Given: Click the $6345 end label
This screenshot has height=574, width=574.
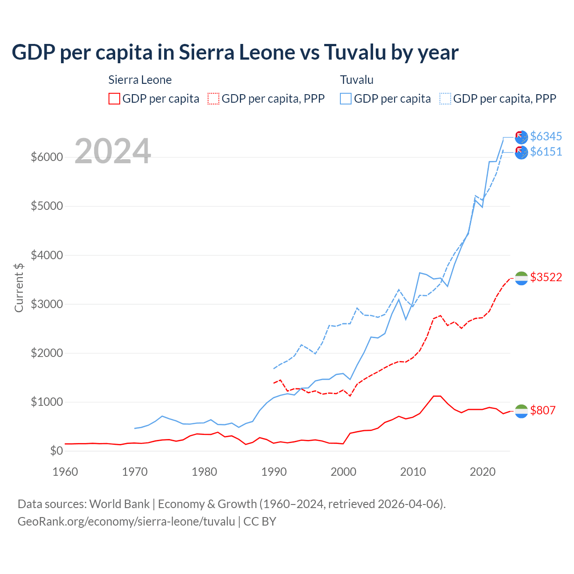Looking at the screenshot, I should point(546,136).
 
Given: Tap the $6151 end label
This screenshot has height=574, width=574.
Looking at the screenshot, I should point(546,152).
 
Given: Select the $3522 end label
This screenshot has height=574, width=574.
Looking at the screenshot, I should point(546,277).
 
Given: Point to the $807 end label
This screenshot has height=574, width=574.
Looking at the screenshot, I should point(543,410).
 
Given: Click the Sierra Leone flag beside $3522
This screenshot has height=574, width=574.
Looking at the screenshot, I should point(521,278).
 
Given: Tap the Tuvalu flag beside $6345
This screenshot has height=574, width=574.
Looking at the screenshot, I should point(521,137).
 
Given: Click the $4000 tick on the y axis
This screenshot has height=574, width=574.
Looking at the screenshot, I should point(47,255).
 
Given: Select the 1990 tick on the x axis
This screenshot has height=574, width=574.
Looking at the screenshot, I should point(274,472).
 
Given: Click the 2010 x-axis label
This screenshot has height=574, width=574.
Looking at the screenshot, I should point(413,472).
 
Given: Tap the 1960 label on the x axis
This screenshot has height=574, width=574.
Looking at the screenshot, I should point(65,472).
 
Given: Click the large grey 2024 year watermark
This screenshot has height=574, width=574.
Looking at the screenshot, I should point(113,151).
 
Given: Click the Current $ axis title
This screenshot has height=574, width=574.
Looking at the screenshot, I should point(19,287).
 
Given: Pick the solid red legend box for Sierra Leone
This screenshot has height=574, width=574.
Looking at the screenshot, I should point(114,99).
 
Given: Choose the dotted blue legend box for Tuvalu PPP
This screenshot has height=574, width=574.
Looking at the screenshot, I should point(445,99).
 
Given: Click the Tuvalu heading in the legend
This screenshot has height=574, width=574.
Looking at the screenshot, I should point(357,80).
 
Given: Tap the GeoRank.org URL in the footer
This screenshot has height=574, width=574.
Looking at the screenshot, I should point(126,522).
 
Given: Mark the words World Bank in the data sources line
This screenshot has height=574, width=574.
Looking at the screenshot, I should point(119,504).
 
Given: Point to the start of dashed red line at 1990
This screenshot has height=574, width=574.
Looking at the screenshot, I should point(274,383).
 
